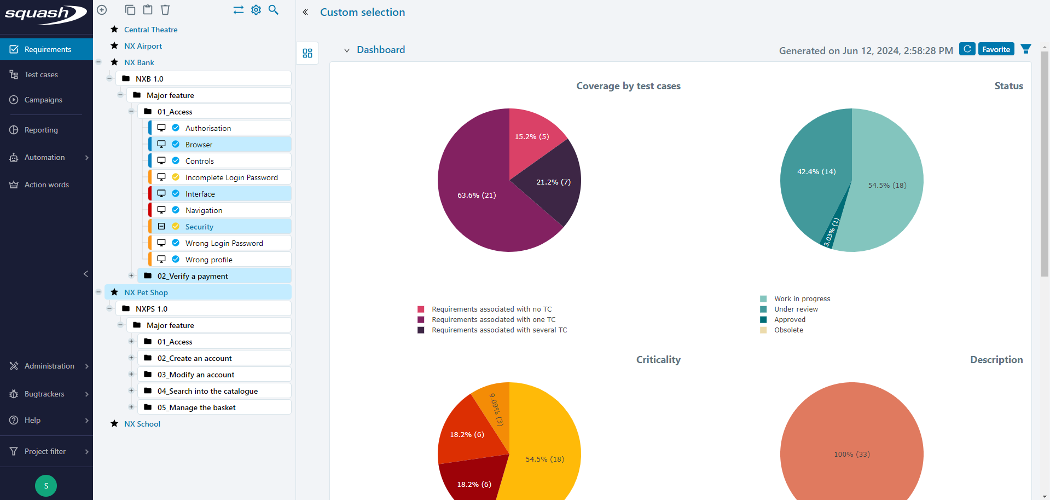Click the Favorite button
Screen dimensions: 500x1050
(996, 49)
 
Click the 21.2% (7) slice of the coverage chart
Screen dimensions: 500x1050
(553, 182)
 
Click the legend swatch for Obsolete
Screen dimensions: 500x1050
(763, 330)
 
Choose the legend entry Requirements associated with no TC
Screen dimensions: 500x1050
(491, 309)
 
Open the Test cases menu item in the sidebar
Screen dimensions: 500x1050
(41, 74)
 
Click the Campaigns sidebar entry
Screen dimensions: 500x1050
(43, 100)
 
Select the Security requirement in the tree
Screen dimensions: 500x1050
(199, 227)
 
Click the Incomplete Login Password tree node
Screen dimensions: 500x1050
(231, 177)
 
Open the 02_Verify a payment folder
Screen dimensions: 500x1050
(193, 276)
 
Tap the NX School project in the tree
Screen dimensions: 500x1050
(142, 424)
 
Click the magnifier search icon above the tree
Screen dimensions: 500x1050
(274, 10)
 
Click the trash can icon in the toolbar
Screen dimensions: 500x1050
(165, 10)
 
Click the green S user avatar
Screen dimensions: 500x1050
(46, 485)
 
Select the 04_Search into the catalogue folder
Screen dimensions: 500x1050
(207, 391)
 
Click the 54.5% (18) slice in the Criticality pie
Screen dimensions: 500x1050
(544, 459)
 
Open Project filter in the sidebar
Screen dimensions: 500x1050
(45, 451)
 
